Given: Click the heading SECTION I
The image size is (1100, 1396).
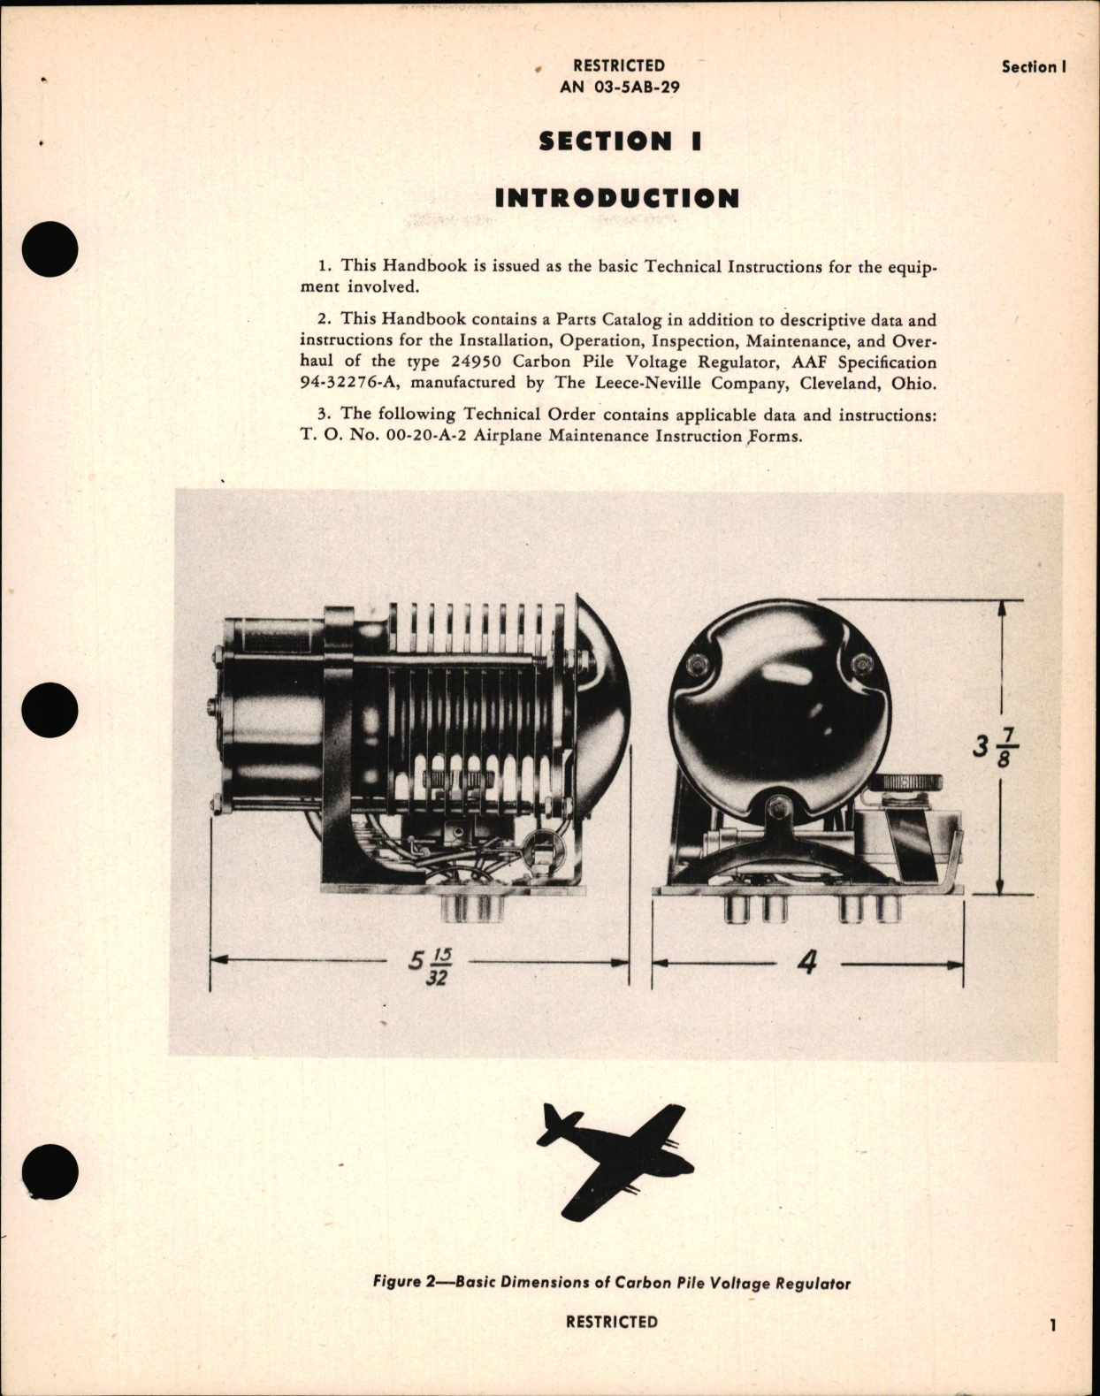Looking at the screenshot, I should point(619,141).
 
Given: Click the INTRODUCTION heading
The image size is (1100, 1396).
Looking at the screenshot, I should point(616,198).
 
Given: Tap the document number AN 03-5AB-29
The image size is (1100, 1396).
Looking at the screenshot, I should point(619,88).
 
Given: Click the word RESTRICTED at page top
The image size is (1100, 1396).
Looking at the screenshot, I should point(618,65).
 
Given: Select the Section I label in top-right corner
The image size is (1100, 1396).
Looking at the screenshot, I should point(1034,66).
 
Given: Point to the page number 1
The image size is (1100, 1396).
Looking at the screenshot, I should point(1052,1324).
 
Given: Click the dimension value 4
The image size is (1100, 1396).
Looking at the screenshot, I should point(806,962).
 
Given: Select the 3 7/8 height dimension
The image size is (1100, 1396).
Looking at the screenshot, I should point(996,748).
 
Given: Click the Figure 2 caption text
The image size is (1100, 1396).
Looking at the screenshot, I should point(611,1282).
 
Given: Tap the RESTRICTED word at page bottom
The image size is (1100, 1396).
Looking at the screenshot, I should point(611,1322).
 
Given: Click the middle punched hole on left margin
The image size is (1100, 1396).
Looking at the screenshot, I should point(50,710).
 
